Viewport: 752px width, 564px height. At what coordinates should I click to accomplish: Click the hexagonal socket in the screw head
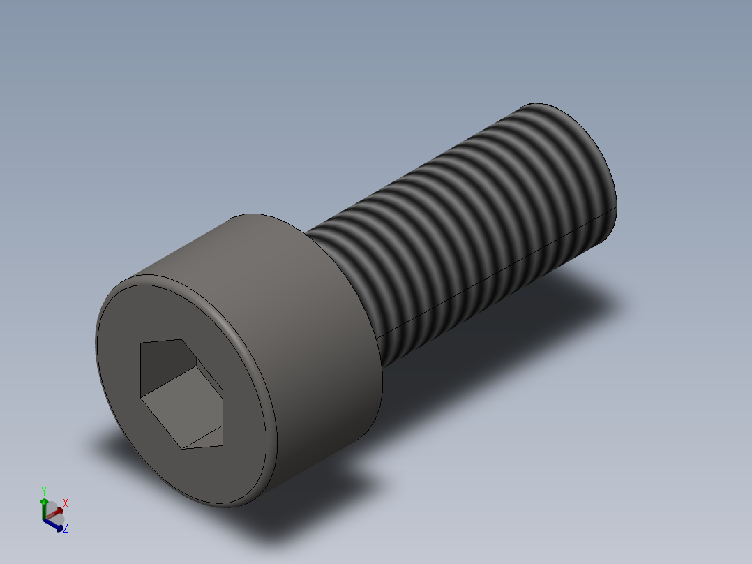(181, 394)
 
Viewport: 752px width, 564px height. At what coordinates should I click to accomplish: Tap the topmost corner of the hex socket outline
(182, 339)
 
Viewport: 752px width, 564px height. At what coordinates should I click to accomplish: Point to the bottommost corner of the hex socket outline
(182, 450)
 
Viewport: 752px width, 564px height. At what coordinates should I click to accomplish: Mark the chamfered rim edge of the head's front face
(269, 384)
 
